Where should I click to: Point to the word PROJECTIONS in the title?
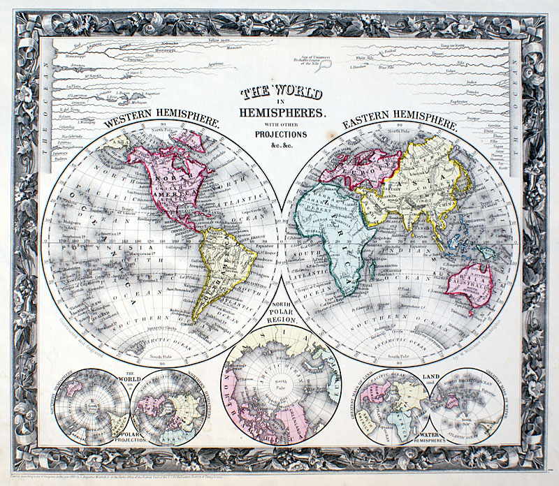click(x=279, y=133)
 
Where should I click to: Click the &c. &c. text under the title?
click(x=279, y=144)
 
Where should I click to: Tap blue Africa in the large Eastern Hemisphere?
click(x=328, y=230)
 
